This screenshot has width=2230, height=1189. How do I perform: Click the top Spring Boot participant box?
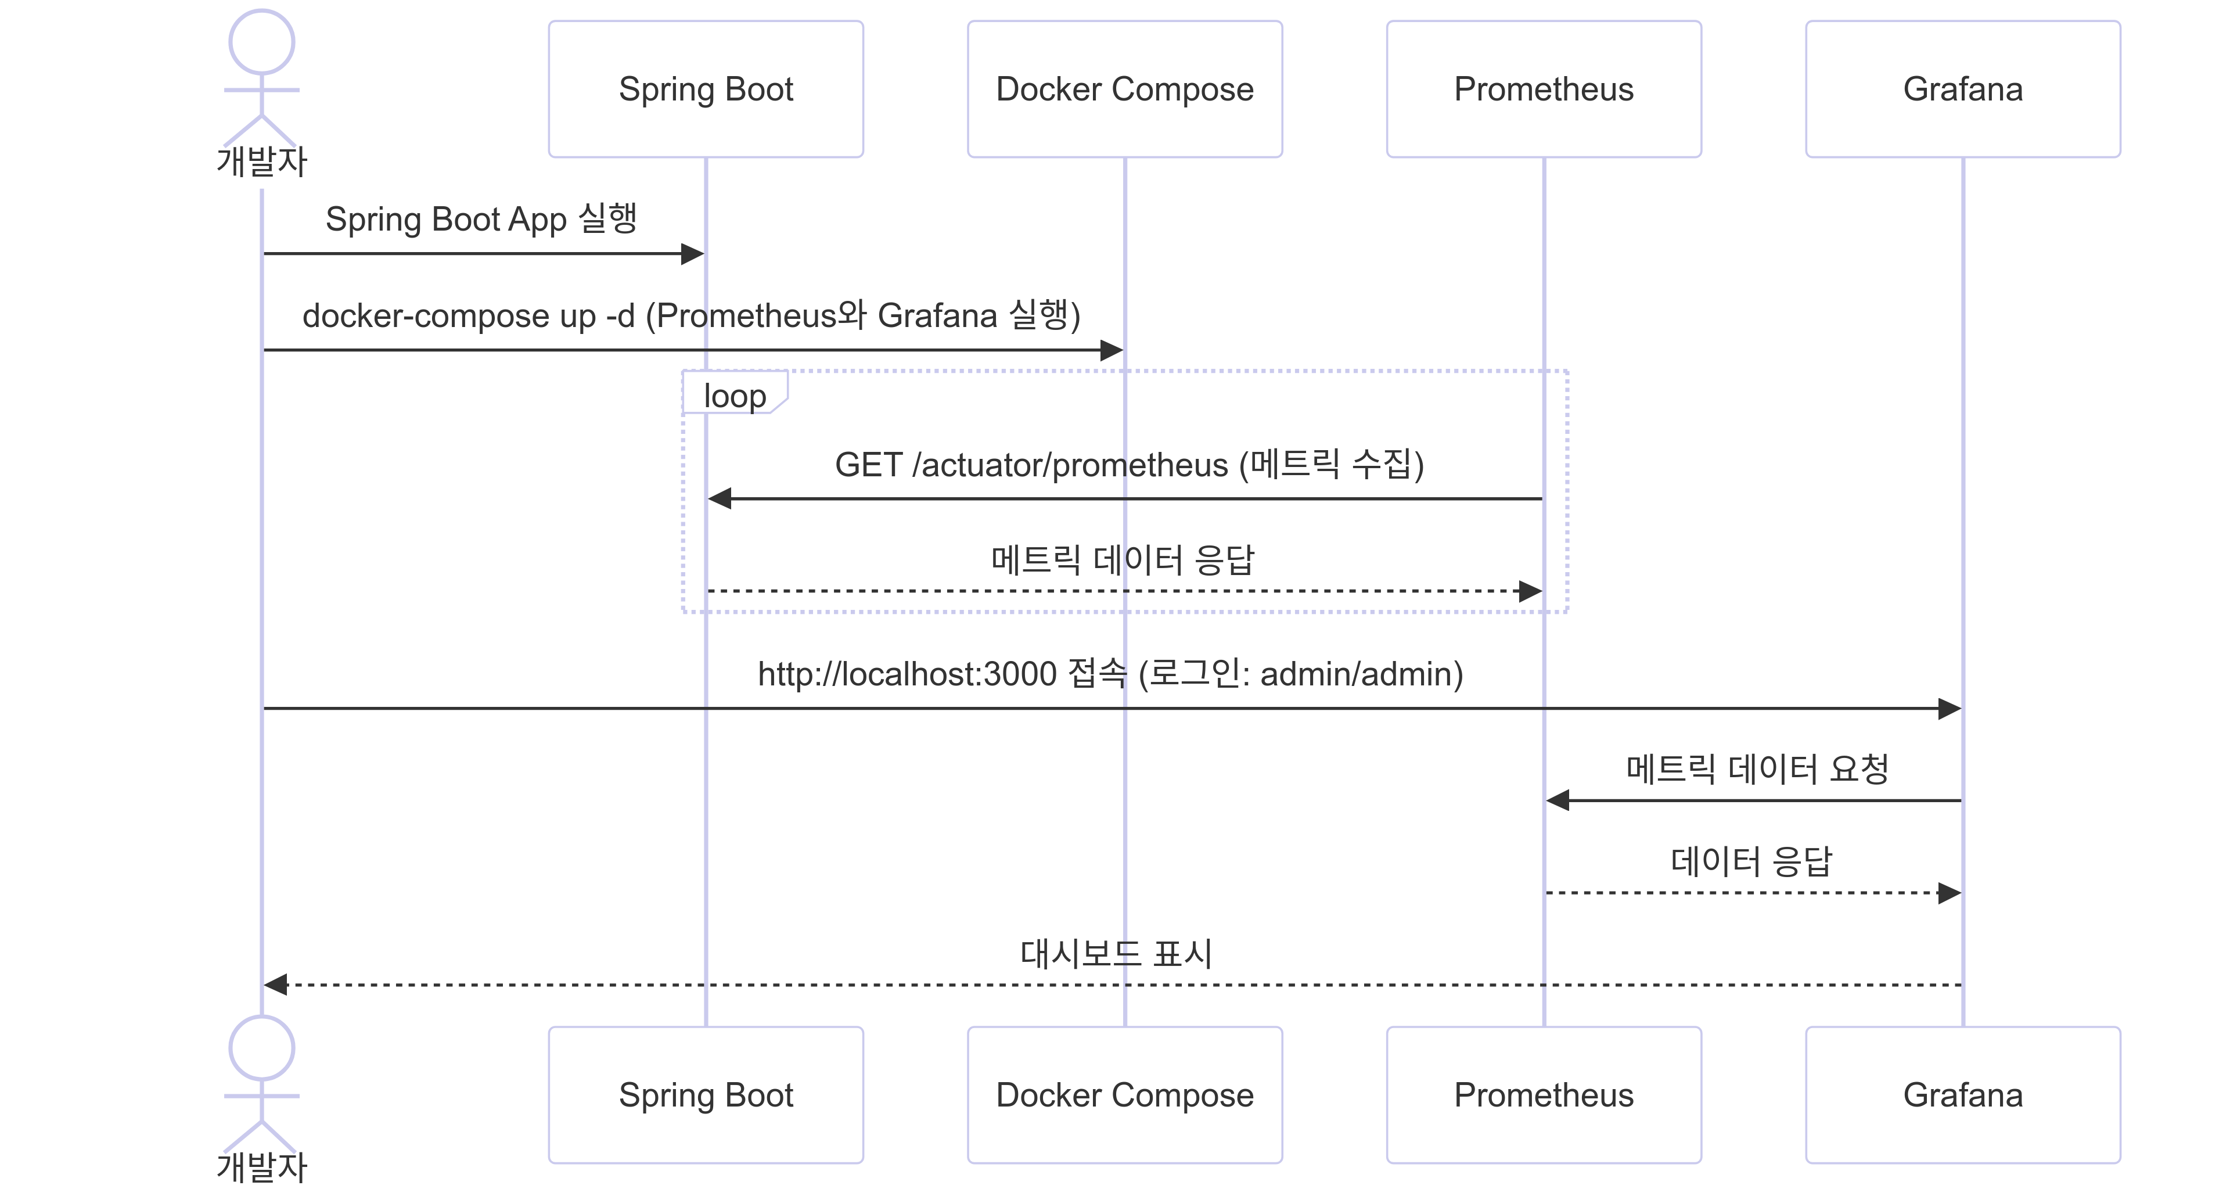[706, 89]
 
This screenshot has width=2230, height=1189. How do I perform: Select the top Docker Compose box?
[1124, 89]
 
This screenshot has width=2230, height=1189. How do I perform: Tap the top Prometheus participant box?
[1544, 89]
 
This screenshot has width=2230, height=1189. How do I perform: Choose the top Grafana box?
[1962, 89]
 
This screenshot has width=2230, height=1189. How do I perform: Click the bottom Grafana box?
[1962, 1094]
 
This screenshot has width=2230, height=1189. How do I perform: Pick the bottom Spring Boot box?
[706, 1094]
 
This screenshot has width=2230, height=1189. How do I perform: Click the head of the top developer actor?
[261, 42]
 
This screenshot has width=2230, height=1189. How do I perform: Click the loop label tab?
[734, 395]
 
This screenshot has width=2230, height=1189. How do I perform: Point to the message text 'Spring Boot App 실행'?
[481, 219]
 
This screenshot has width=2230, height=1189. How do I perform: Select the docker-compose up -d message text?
[691, 315]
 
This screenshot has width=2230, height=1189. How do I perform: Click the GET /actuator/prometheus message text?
[1129, 465]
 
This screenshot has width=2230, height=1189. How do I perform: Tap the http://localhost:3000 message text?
[1110, 674]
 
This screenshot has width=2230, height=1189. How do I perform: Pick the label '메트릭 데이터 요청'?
[1757, 768]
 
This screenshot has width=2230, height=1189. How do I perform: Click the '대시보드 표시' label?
[1116, 953]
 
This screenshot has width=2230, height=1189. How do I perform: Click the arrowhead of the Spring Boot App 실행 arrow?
[693, 254]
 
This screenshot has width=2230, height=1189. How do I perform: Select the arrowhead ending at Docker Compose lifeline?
[1111, 350]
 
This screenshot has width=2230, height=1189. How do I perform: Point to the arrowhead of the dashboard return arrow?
[275, 985]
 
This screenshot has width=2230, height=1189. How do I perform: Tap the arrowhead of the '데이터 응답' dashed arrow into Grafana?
[1949, 893]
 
